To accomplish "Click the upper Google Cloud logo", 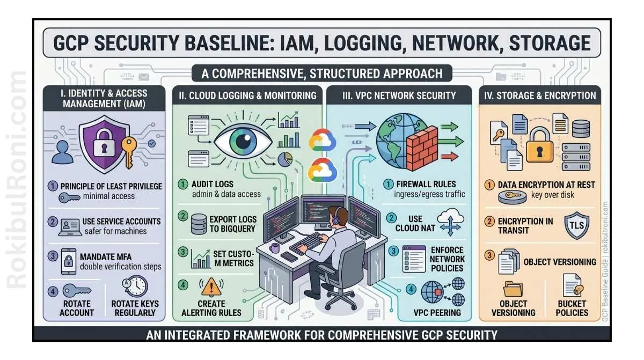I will click(322, 141).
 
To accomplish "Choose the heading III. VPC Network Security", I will click(399, 96).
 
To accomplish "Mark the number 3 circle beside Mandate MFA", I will click(53, 256).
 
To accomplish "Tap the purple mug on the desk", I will click(275, 248).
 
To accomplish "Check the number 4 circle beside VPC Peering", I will click(411, 289).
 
